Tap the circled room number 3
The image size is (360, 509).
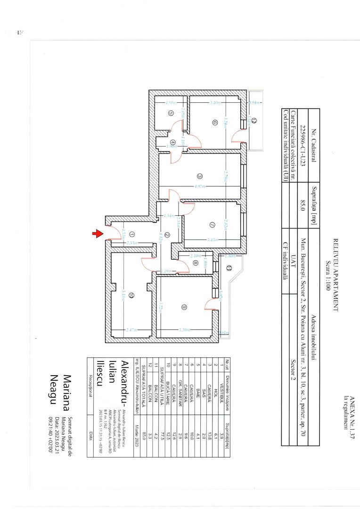[200, 176]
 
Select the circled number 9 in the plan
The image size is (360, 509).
[184, 307]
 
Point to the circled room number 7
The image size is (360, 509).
[212, 225]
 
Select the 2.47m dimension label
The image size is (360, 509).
[132, 330]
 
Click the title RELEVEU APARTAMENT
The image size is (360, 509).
[336, 275]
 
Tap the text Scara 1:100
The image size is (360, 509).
[328, 275]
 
